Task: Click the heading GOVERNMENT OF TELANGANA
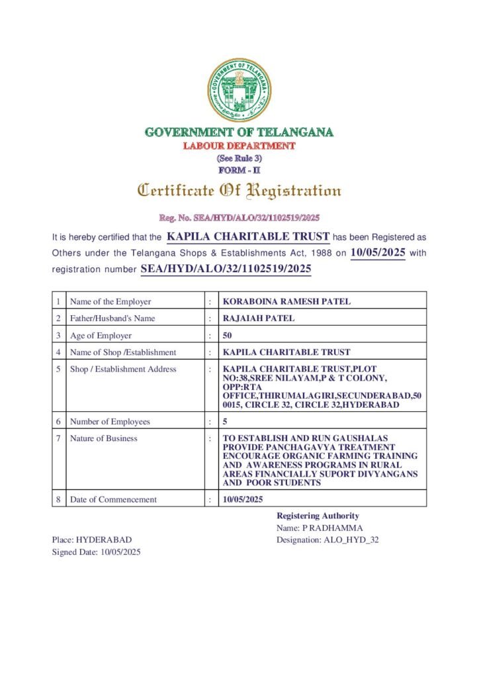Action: click(x=239, y=132)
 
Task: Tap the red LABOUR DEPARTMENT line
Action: click(x=239, y=146)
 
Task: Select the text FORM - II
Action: click(x=239, y=170)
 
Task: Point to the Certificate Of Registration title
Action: click(x=239, y=191)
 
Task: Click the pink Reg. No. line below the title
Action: click(x=239, y=217)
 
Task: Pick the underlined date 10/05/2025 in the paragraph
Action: click(x=377, y=252)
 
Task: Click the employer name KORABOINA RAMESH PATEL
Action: click(x=286, y=301)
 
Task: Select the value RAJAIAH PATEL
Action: click(x=259, y=318)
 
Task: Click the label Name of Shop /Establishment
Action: click(x=123, y=352)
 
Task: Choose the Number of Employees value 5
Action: click(x=226, y=421)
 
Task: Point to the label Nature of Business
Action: click(x=103, y=438)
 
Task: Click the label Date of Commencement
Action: click(x=114, y=499)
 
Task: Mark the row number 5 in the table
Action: click(x=59, y=369)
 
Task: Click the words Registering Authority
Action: click(x=318, y=516)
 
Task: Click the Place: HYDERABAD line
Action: click(x=92, y=540)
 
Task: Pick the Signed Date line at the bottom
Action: click(x=97, y=552)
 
